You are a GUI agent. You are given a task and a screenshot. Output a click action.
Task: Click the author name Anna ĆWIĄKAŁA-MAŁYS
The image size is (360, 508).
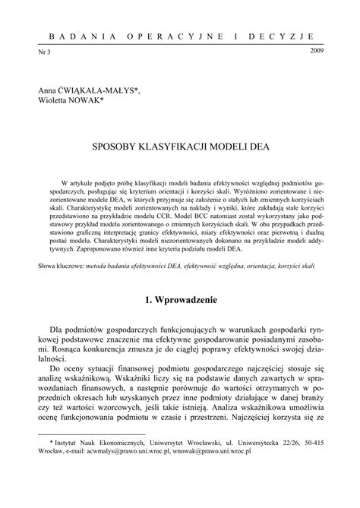pyautogui.click(x=85, y=90)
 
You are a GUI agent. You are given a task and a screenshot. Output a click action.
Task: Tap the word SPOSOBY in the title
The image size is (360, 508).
pyautogui.click(x=122, y=144)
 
